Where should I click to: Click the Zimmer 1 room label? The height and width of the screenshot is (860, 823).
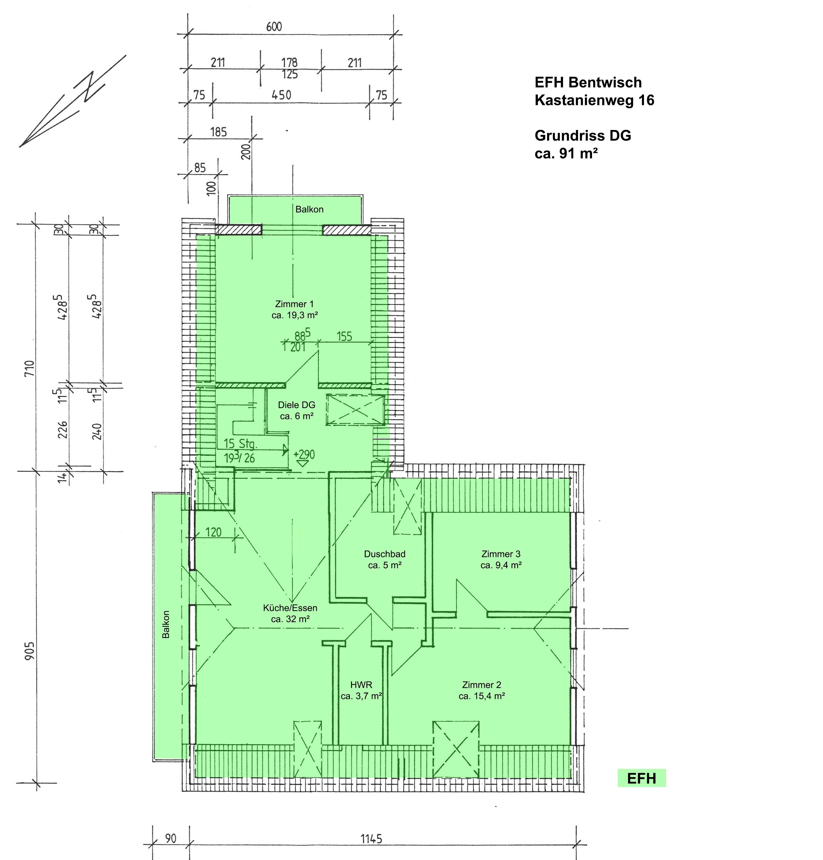click(294, 304)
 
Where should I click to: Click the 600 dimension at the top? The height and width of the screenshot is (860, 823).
click(274, 27)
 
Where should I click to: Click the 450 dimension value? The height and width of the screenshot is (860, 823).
click(281, 95)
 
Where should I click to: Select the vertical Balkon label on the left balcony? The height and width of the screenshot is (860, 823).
click(166, 624)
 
